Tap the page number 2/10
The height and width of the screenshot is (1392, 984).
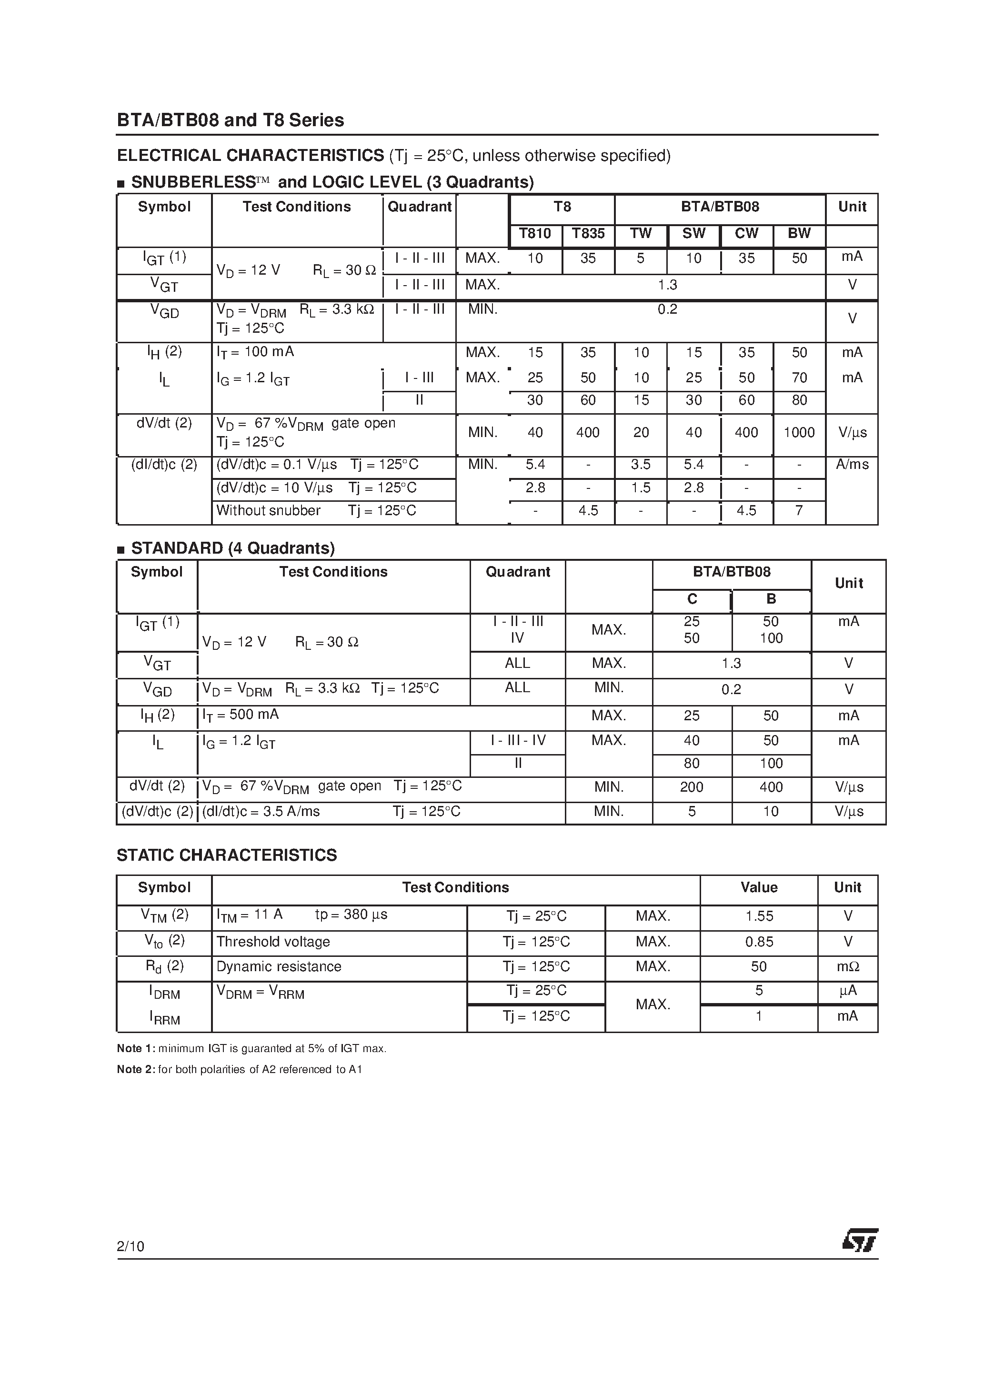pyautogui.click(x=131, y=1246)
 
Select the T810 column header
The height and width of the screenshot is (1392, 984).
pyautogui.click(x=535, y=233)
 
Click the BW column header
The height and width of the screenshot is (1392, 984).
pyautogui.click(x=799, y=233)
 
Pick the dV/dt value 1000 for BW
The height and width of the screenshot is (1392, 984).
pyautogui.click(x=799, y=432)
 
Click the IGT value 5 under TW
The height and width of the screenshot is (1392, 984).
pyautogui.click(x=641, y=259)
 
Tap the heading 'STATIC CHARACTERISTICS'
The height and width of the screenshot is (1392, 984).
pyautogui.click(x=227, y=855)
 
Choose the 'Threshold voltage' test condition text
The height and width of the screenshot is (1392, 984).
pyautogui.click(x=273, y=942)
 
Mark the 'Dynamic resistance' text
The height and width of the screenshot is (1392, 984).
pyautogui.click(x=279, y=966)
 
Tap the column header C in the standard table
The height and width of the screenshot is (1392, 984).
pyautogui.click(x=692, y=599)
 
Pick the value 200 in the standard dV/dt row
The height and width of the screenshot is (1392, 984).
pyautogui.click(x=692, y=787)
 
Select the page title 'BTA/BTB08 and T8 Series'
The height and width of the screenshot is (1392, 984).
pyautogui.click(x=231, y=120)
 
